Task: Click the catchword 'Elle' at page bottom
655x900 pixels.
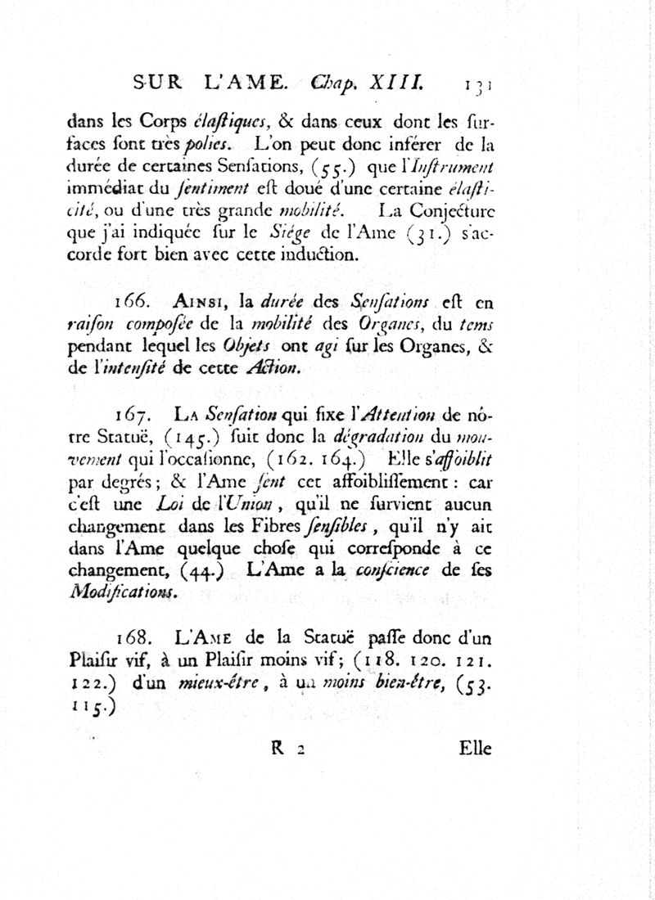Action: [474, 747]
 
